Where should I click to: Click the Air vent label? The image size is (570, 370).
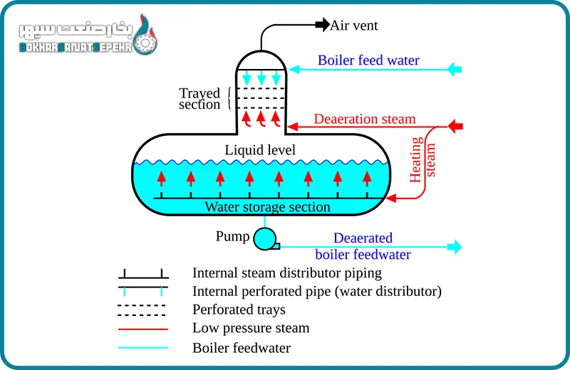(x=353, y=26)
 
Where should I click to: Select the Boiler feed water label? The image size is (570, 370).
(x=368, y=60)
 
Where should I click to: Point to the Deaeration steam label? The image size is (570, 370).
(x=365, y=119)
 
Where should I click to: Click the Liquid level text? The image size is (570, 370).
(x=260, y=150)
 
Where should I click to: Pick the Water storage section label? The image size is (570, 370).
(x=267, y=207)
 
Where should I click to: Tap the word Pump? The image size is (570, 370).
(x=232, y=236)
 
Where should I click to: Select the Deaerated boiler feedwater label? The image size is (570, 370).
(x=363, y=246)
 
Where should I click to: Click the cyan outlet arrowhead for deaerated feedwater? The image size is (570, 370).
(x=454, y=248)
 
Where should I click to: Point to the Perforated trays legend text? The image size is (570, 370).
(x=239, y=310)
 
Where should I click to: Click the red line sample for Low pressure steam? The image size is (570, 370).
(x=143, y=329)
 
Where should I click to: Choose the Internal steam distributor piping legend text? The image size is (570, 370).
(x=287, y=273)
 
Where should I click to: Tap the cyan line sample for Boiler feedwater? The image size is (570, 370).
(x=143, y=348)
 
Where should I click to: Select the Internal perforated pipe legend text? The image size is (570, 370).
(x=317, y=291)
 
